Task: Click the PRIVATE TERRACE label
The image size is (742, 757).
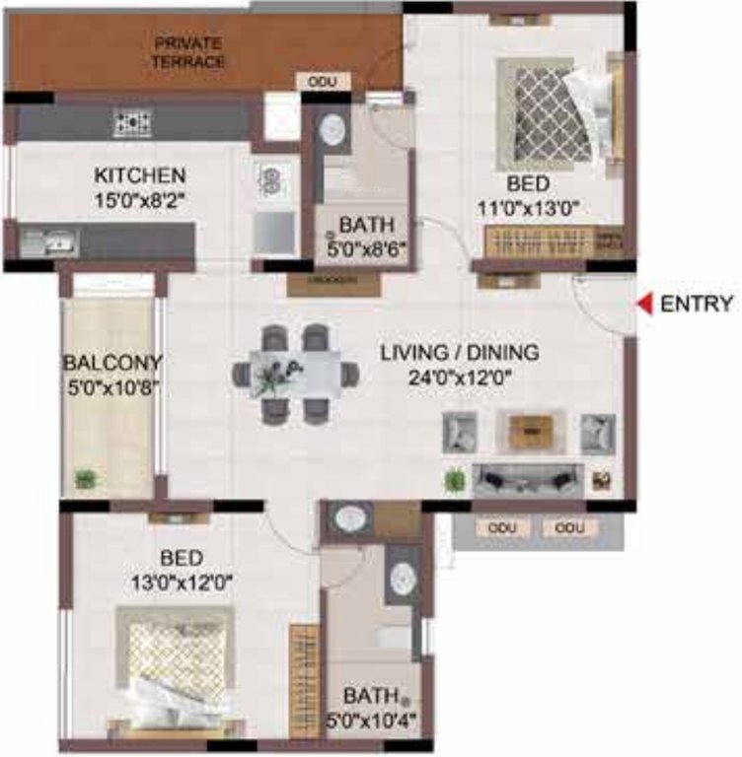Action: click(x=187, y=52)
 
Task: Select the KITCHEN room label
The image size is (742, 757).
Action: click(x=139, y=176)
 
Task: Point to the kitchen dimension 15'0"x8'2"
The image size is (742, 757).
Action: click(x=139, y=200)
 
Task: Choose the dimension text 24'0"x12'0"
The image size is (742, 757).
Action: click(x=461, y=376)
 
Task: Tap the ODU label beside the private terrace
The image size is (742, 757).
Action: click(x=322, y=82)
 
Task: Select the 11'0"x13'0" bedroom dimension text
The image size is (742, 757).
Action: click(x=542, y=208)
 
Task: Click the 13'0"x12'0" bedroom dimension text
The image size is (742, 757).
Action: click(x=182, y=582)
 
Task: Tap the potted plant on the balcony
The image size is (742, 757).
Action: click(x=86, y=480)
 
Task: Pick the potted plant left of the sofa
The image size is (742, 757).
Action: click(x=453, y=481)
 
